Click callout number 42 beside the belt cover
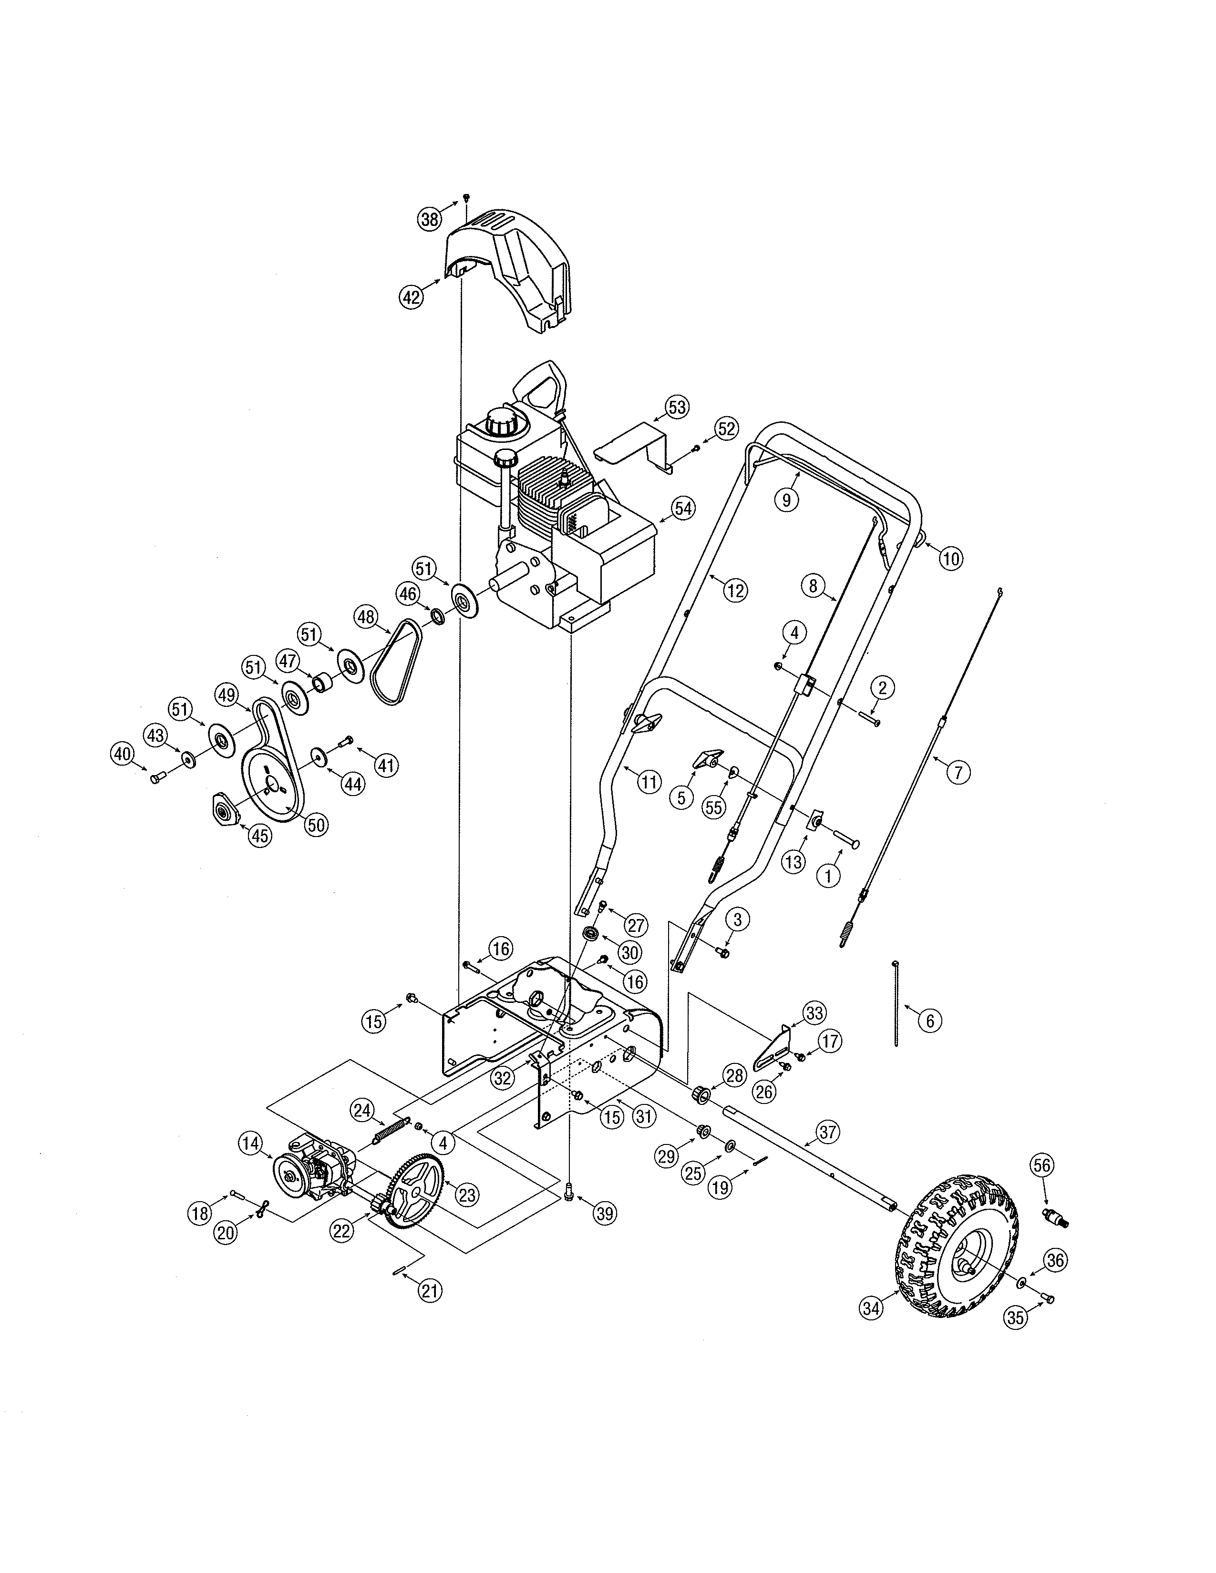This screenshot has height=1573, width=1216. tap(412, 297)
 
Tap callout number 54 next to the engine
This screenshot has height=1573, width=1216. tap(682, 508)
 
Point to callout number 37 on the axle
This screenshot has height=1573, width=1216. tap(828, 1132)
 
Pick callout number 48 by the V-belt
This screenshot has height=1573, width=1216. tap(365, 616)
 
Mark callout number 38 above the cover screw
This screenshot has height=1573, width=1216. tap(430, 219)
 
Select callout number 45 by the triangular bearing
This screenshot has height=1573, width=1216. tap(260, 836)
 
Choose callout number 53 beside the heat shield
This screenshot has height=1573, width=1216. tap(677, 407)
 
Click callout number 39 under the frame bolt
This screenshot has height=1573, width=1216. tap(604, 1213)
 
